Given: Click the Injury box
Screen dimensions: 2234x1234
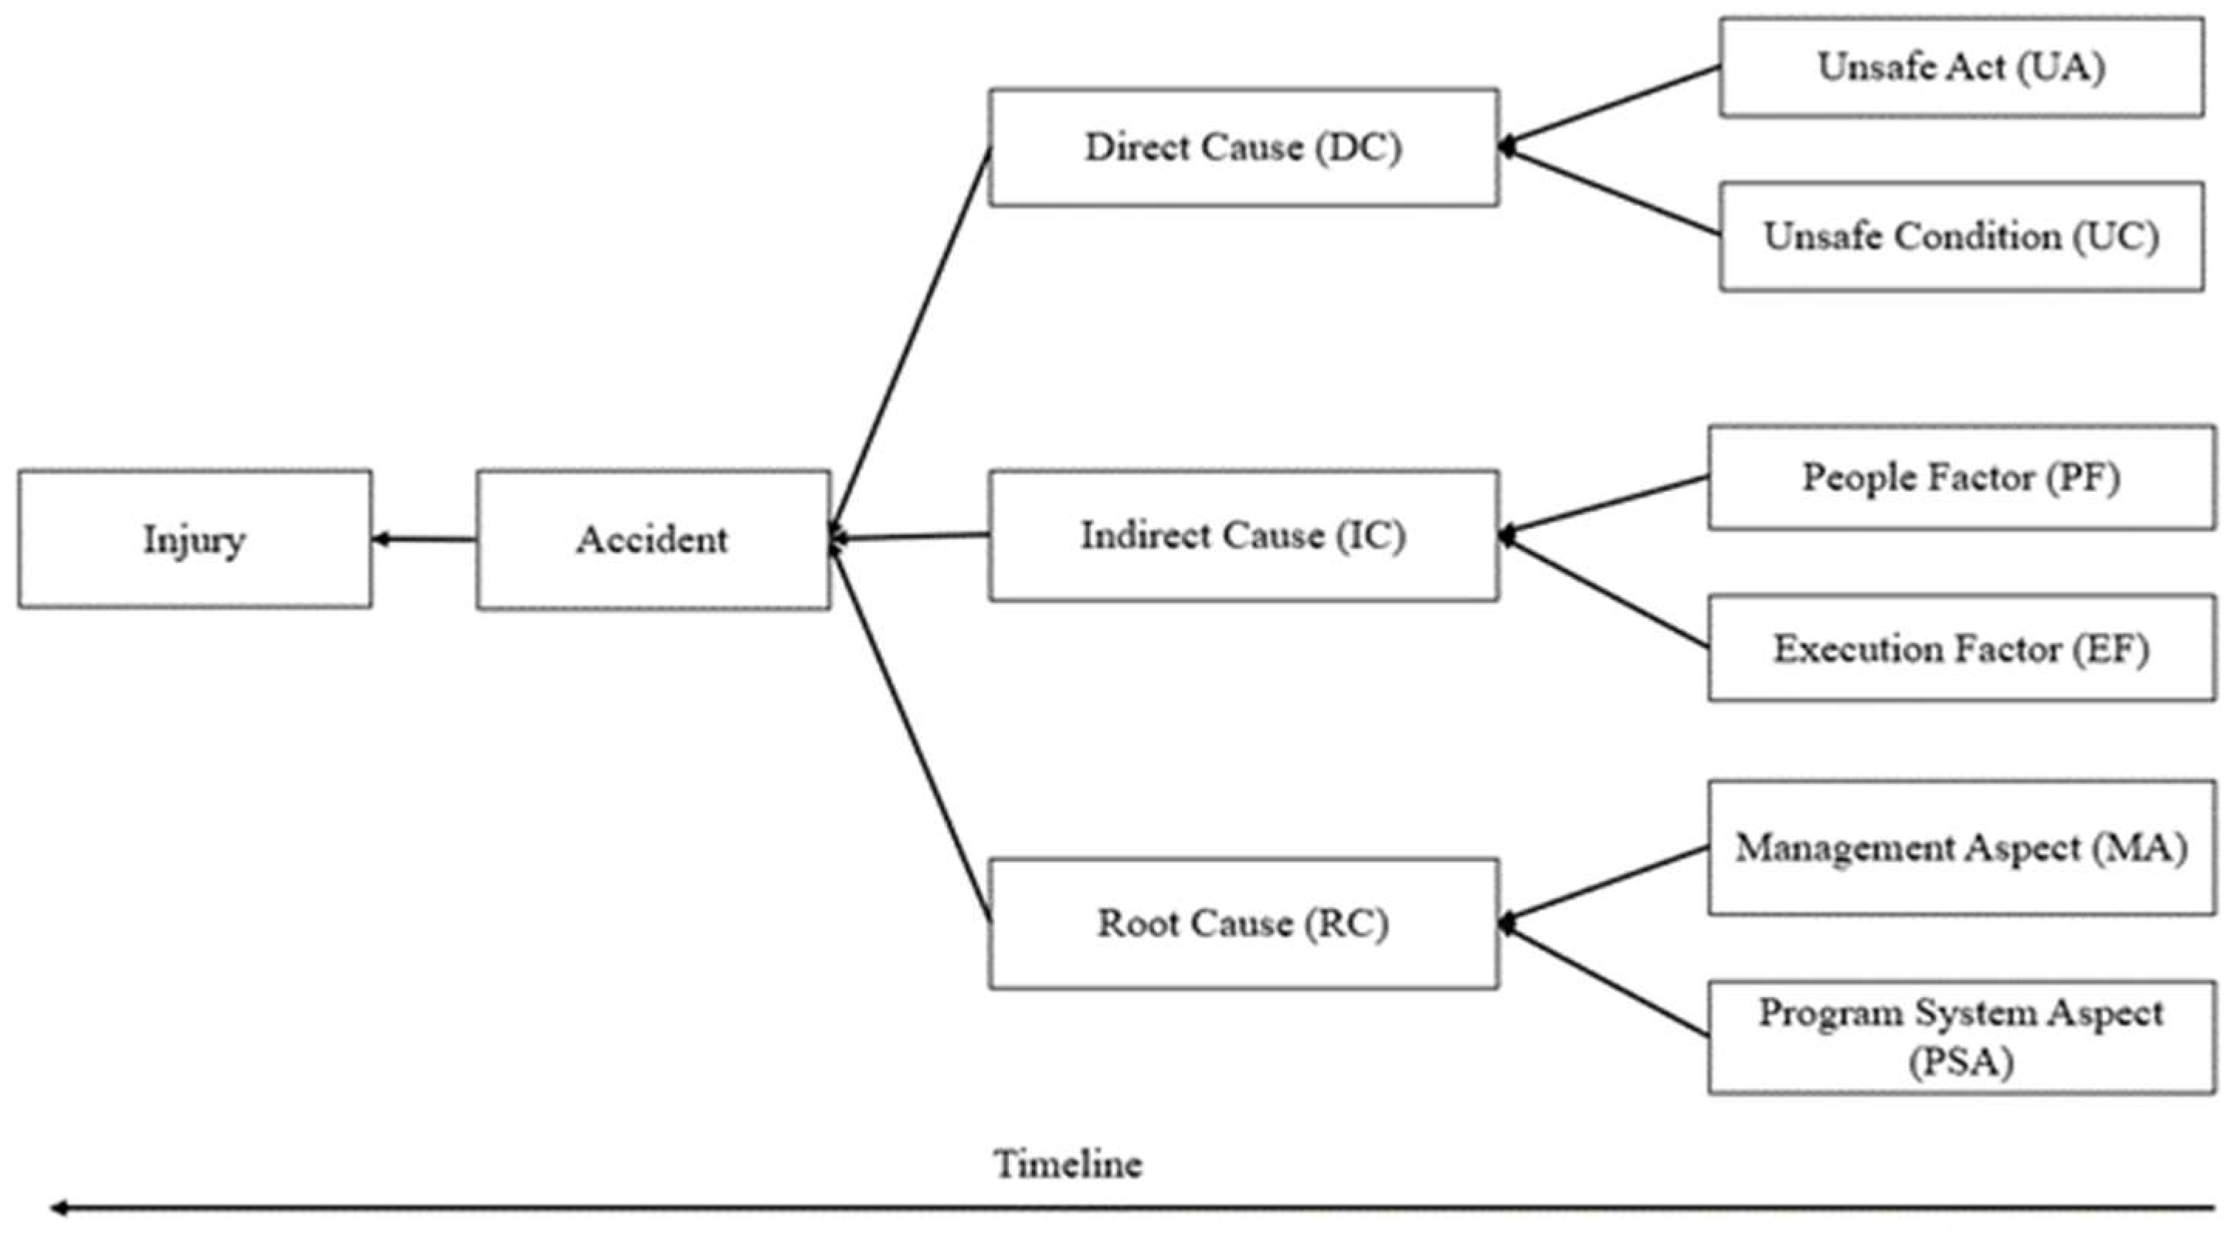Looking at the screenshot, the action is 195,538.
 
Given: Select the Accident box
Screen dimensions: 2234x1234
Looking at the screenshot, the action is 653,539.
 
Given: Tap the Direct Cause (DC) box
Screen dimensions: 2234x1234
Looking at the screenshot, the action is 1244,147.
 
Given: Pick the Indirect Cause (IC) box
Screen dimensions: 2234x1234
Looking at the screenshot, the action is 1244,535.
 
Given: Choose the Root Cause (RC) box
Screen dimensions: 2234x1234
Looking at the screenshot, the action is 1244,923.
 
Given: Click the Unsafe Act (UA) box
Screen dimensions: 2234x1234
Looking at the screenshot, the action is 1961,66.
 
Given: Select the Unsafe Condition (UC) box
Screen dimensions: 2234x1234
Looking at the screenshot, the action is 1961,236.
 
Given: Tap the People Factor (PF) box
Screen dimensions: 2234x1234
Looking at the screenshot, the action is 1961,477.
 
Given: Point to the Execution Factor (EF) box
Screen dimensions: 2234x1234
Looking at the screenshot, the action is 1961,648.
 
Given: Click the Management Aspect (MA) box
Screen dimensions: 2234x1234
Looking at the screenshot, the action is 1961,847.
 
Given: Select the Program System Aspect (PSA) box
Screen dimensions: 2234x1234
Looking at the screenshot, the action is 1961,1037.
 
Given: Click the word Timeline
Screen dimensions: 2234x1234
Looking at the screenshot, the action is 1068,1164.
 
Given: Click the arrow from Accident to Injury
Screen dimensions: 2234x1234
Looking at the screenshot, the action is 424,539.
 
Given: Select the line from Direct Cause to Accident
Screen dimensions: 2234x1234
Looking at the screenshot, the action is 910,344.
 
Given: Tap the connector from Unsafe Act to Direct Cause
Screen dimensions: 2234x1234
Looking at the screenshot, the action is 1611,107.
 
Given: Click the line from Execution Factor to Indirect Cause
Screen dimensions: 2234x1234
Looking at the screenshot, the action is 1604,592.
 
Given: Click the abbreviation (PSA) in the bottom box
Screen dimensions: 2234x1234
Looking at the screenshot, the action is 1961,1063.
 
